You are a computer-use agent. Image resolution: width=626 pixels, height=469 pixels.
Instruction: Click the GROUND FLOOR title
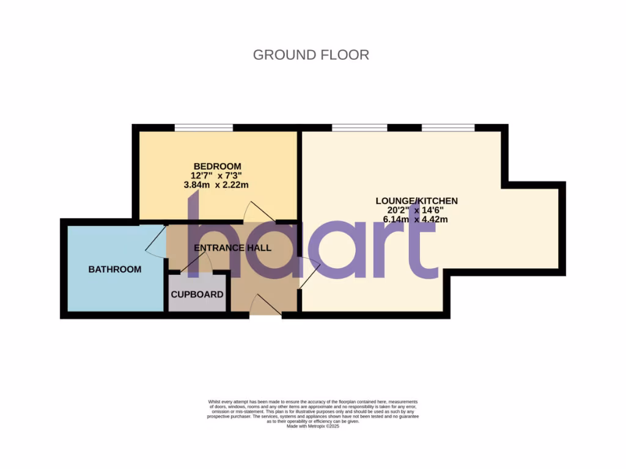311,55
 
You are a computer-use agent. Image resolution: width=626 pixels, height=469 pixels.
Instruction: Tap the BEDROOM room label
217,166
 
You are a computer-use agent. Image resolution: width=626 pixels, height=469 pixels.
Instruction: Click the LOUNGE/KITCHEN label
416,201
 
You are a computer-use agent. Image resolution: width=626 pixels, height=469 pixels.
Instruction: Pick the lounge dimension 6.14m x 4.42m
416,219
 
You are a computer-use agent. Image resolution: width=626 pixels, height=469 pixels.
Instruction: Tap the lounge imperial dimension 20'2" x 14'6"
416,210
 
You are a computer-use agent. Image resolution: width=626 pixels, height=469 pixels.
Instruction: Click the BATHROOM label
115,269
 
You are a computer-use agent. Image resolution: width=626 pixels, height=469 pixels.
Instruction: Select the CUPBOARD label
197,294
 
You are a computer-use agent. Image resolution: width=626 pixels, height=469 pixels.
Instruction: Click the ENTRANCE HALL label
232,248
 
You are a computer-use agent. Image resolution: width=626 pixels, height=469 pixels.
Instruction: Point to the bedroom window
204,128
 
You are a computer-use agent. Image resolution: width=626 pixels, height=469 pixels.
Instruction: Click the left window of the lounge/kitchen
359,128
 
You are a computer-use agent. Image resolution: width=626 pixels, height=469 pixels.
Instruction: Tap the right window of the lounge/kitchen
448,128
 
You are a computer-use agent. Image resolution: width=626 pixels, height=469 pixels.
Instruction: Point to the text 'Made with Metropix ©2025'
312,426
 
